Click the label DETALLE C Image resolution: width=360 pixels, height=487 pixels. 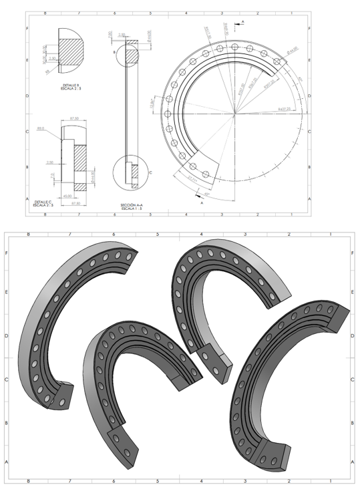pyautogui.click(x=43, y=200)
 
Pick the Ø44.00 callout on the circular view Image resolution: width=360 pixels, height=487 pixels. pyautogui.click(x=292, y=50)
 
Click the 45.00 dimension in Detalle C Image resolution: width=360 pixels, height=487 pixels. pyautogui.click(x=67, y=196)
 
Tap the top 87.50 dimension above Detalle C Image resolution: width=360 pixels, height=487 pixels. pyautogui.click(x=74, y=120)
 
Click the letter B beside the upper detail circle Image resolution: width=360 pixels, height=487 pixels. pyautogui.click(x=114, y=51)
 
